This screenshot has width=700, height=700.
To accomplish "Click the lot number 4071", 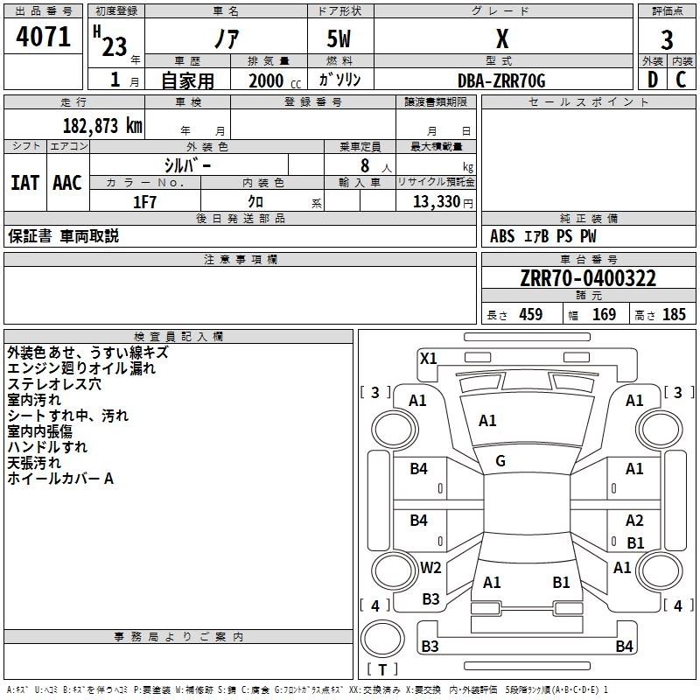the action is tap(43, 37).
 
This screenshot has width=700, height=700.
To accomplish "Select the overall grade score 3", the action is tap(667, 40).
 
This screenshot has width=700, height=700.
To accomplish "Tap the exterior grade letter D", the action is tap(653, 80).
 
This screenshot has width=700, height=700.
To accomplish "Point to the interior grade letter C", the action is tap(681, 80).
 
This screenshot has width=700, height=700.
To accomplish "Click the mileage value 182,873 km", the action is tap(102, 126).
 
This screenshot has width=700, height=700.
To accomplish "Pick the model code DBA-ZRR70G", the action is tap(501, 80).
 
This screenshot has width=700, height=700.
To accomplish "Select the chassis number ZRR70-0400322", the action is tap(588, 278).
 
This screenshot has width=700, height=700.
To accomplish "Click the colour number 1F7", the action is tap(144, 202).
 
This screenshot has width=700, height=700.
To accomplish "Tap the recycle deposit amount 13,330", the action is tap(436, 201).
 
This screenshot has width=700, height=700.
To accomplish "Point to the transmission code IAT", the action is tap(24, 183).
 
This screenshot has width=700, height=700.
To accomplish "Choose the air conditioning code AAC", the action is tap(67, 183).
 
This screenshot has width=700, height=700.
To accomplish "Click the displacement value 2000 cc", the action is tap(275, 80).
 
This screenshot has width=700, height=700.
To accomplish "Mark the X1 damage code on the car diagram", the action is tap(428, 358).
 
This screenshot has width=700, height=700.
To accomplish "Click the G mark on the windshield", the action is tap(500, 461).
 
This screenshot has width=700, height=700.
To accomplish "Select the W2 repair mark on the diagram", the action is tap(430, 567).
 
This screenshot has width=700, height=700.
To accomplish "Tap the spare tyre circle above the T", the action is tap(382, 639).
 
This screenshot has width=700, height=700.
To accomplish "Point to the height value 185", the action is tap(674, 314).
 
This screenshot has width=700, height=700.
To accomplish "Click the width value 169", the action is tap(604, 314).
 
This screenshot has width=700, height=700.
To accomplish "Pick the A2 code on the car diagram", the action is tap(634, 520).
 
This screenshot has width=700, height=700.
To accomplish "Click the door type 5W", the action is tap(339, 38).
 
